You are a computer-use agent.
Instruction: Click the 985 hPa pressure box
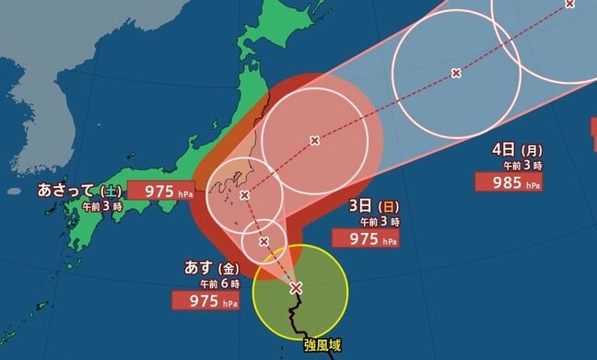[x=508, y=181]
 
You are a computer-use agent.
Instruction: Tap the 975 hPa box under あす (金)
[x=206, y=299]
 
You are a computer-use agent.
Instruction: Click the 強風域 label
[x=322, y=345]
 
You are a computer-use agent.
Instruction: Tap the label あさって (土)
[x=80, y=190]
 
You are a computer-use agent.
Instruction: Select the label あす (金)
[x=211, y=268]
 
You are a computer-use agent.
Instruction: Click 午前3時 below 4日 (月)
[x=521, y=165]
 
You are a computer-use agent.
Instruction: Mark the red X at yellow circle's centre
[x=296, y=288]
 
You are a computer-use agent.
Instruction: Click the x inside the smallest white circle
[x=264, y=241]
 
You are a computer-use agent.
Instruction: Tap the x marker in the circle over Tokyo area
[x=244, y=195]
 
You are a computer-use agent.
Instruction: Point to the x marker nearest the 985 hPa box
[x=456, y=72]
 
